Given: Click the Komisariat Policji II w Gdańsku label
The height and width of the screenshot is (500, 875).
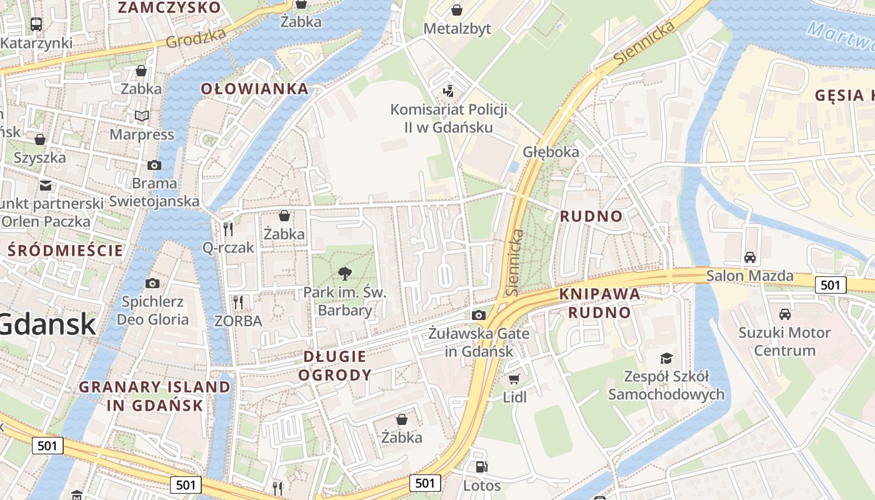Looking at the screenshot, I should point(448,118).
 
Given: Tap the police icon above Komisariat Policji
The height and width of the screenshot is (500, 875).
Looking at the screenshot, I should point(447,91).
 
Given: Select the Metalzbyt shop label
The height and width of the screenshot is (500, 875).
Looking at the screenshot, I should point(457,29).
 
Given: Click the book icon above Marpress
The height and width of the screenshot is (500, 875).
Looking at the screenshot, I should point(142,116).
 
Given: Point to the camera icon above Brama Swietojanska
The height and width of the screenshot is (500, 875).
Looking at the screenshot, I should point(154,165).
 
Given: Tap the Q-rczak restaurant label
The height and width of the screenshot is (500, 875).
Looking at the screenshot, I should point(228,247).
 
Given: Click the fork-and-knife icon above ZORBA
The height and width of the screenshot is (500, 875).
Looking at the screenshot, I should point(237,302).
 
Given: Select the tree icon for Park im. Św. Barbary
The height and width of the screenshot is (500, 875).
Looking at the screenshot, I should point(344,273).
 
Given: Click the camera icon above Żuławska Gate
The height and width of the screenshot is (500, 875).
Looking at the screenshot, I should point(479,315).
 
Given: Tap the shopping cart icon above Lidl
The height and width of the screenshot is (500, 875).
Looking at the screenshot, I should point(514,379).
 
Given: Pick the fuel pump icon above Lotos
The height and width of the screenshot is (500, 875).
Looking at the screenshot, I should point(481,466).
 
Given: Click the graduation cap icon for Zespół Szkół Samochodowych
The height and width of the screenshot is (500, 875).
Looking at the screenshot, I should point(666,358).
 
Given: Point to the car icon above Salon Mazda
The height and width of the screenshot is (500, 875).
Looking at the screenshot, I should point(749,257).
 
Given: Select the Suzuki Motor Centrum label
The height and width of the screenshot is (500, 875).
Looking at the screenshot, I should point(784,341).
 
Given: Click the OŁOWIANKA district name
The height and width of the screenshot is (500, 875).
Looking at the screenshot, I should point(254,89).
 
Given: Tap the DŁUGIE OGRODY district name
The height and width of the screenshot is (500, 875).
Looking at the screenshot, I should point(334,366).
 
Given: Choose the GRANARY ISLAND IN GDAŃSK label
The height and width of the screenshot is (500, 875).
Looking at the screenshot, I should point(154,396).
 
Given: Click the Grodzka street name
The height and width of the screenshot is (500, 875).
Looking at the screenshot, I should point(196,39).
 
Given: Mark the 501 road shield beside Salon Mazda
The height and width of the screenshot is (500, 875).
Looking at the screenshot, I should point(830,285).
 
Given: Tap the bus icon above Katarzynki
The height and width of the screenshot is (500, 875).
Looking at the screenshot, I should point(36,24).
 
